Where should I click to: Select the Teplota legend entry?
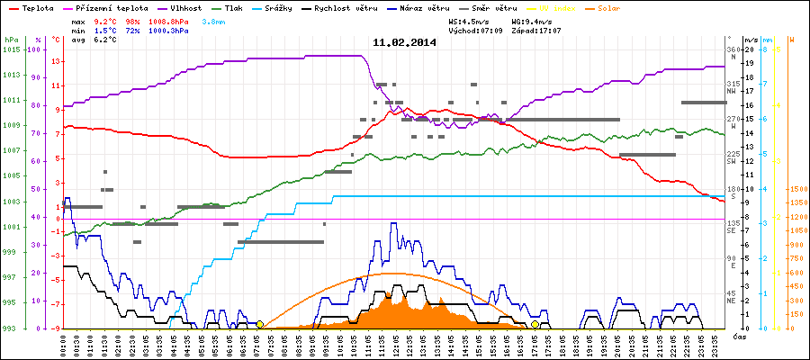pos(36,7)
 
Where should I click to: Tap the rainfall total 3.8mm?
pos(215,20)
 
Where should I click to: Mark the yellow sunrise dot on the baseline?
pos(259,324)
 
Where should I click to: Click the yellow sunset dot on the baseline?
pos(535,324)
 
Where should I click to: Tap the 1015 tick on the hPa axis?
pos(11,49)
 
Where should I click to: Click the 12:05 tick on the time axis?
pos(393,344)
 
